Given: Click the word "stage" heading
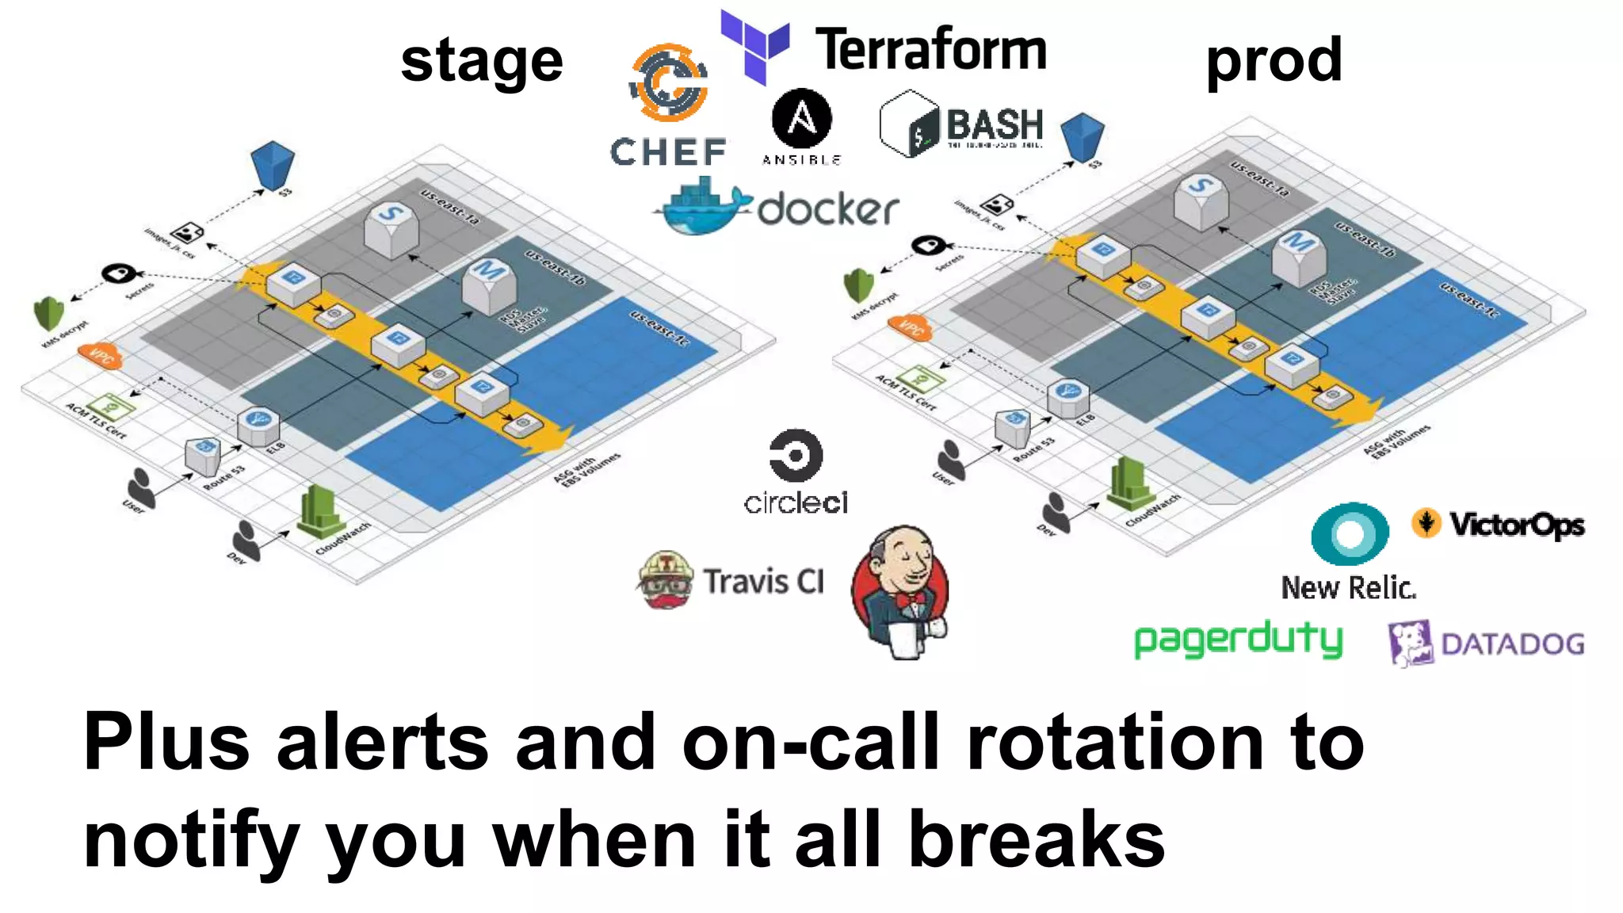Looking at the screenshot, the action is click(482, 62).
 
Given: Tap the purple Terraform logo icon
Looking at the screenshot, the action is click(754, 46).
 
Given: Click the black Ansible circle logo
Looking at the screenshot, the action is click(801, 119).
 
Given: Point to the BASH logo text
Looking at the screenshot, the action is click(995, 125).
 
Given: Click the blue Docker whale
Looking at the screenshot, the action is click(701, 208).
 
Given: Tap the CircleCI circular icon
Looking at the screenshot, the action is click(796, 456).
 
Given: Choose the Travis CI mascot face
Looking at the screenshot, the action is click(666, 580).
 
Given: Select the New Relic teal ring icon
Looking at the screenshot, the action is click(1350, 533).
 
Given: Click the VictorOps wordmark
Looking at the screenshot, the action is click(1516, 525).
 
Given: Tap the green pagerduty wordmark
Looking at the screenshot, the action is click(1238, 640).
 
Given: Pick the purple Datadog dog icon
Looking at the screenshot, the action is click(1410, 643).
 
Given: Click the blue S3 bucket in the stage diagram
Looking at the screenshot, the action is click(273, 165).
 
